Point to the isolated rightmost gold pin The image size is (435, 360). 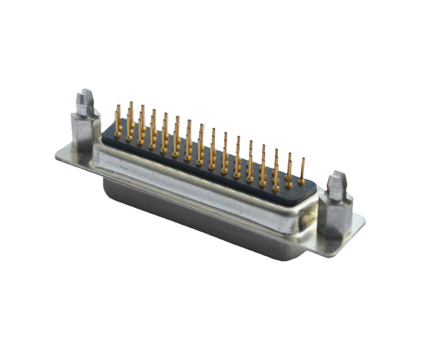302,169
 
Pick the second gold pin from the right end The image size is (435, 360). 289,169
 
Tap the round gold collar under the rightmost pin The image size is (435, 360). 301,182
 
